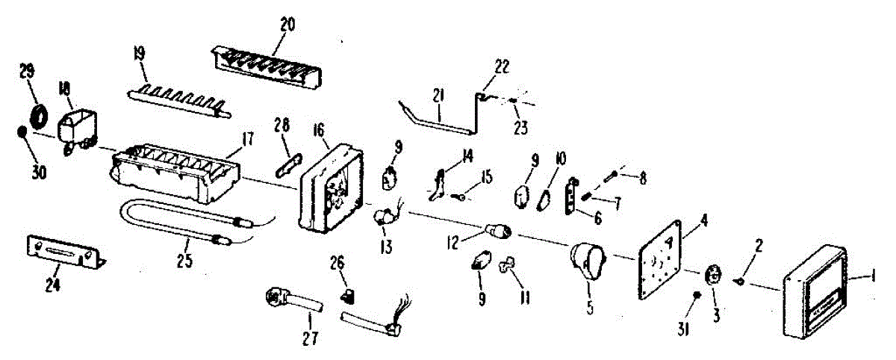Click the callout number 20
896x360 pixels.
[287, 24]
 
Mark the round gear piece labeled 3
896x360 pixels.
[713, 274]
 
